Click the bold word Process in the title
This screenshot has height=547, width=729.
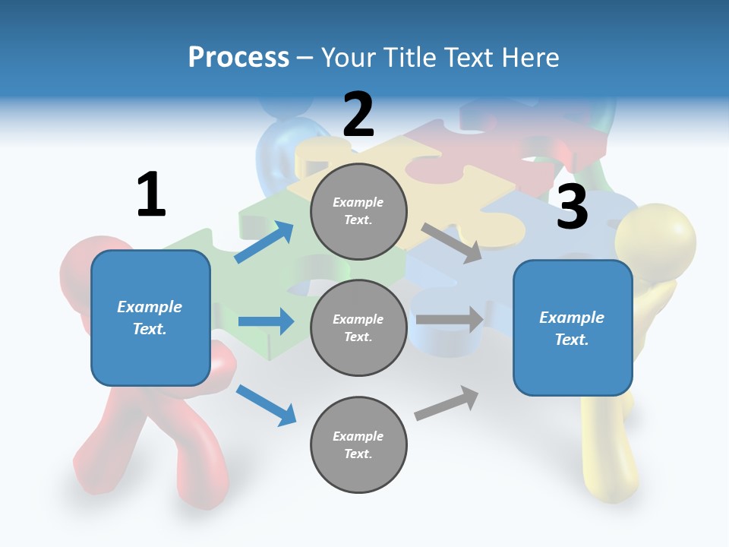click(x=238, y=57)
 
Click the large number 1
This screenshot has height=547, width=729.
click(x=151, y=194)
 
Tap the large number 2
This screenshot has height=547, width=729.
click(x=358, y=115)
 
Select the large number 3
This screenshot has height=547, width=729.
click(x=572, y=207)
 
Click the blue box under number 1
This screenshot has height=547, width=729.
click(x=150, y=318)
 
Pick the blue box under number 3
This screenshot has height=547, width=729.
click(x=573, y=328)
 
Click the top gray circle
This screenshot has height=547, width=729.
click(x=358, y=211)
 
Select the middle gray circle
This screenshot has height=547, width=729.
click(x=358, y=328)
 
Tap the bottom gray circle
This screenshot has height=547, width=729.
click(x=358, y=445)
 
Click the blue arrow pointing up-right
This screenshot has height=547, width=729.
click(x=264, y=242)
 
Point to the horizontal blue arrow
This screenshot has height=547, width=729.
click(x=266, y=322)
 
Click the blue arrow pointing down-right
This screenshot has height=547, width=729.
click(x=266, y=405)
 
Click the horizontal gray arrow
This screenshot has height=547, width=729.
click(x=450, y=320)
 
